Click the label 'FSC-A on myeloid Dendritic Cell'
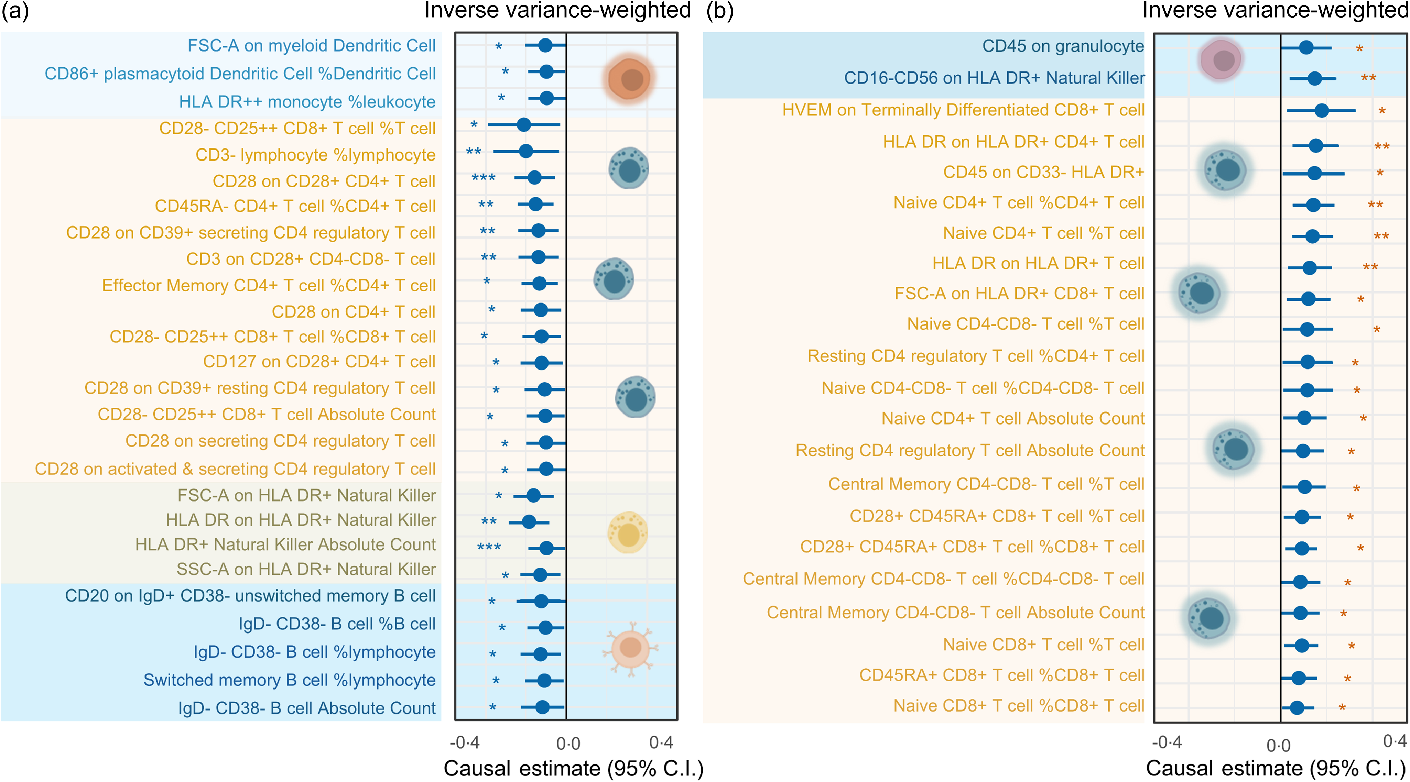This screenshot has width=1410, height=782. (x=312, y=45)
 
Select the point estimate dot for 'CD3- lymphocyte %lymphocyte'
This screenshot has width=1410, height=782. (x=525, y=151)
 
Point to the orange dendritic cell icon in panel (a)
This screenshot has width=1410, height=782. (x=629, y=79)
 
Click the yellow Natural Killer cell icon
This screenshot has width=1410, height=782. (x=628, y=532)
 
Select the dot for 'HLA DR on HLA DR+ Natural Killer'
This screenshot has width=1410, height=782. (x=529, y=521)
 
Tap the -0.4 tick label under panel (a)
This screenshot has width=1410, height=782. (x=464, y=742)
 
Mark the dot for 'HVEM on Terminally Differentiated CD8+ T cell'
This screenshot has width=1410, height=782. (x=1321, y=111)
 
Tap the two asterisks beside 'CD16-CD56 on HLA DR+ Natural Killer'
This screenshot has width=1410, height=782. (x=1368, y=78)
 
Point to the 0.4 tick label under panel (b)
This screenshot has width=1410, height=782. (x=1395, y=741)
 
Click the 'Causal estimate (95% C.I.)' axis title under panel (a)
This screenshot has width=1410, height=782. (x=573, y=768)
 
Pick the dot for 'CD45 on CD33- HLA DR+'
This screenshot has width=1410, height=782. (x=1314, y=174)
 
